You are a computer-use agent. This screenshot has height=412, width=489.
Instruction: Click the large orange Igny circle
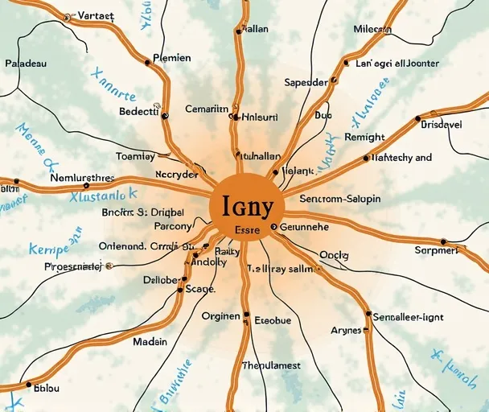[x=244, y=206]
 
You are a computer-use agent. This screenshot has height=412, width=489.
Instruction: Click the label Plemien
[x=171, y=58]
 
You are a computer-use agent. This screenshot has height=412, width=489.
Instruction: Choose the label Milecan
[x=373, y=29]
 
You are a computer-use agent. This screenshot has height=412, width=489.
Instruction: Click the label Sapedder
[x=306, y=82]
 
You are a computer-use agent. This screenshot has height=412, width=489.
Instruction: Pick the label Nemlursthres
[x=82, y=178]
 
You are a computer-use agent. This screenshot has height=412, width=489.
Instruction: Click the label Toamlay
[x=135, y=156]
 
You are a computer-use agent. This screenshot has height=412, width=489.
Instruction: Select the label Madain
[x=150, y=341]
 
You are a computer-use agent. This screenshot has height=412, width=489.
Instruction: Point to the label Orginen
[x=220, y=316]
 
